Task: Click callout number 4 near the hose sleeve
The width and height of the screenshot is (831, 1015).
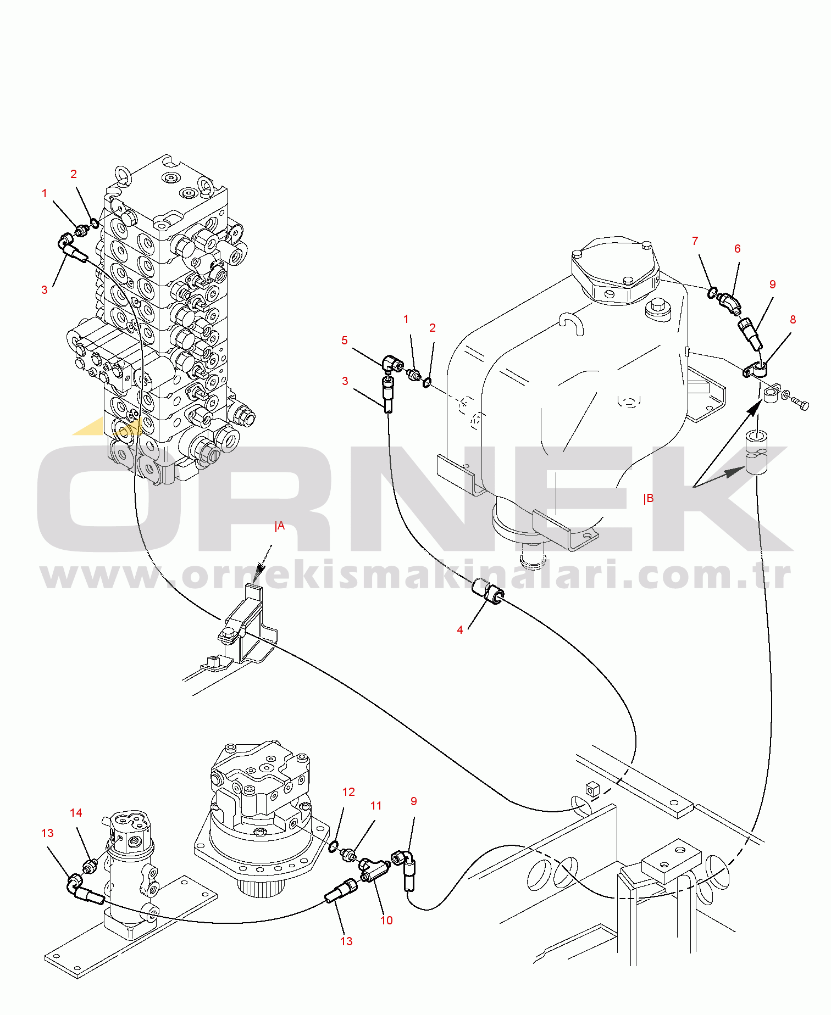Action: [x=460, y=630]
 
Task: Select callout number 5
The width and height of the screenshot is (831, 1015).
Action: [x=345, y=341]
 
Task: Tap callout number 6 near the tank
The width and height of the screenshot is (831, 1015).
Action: [x=738, y=249]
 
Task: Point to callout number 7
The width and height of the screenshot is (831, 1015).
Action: [x=695, y=241]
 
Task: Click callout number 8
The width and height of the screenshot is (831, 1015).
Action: [x=793, y=320]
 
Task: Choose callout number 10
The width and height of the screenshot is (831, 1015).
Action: [x=386, y=921]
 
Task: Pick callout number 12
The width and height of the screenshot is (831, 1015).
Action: [x=348, y=792]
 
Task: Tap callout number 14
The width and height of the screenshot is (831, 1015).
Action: [x=76, y=813]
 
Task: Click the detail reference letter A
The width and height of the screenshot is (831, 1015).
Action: [x=280, y=526]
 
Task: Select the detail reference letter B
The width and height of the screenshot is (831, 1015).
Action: [x=649, y=499]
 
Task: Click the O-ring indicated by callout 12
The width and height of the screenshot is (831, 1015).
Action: [x=333, y=847]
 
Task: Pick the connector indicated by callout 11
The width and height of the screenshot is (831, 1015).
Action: [x=348, y=855]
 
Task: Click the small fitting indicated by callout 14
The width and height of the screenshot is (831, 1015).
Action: [x=90, y=867]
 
